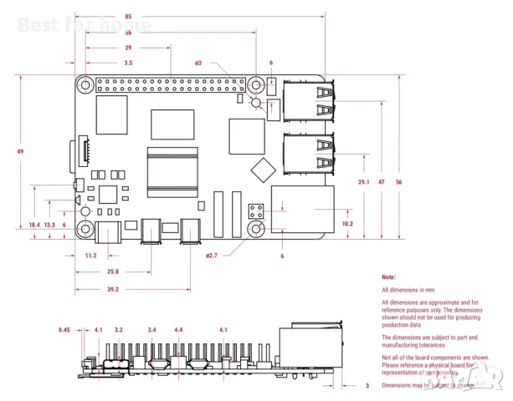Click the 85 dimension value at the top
[127, 17]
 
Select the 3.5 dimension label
[127, 63]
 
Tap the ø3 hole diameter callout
[198, 63]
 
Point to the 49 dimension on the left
[19, 151]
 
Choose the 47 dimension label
[382, 181]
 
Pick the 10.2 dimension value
[347, 223]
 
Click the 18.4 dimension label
[33, 225]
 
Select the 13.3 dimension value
[50, 225]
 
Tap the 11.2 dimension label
[90, 256]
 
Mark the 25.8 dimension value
[111, 272]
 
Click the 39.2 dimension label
[112, 289]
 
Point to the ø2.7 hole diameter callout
[212, 256]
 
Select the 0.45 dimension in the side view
[64, 330]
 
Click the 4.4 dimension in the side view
[178, 330]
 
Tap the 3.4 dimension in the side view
[151, 330]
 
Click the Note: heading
[388, 276]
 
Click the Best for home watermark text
[85, 25]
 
